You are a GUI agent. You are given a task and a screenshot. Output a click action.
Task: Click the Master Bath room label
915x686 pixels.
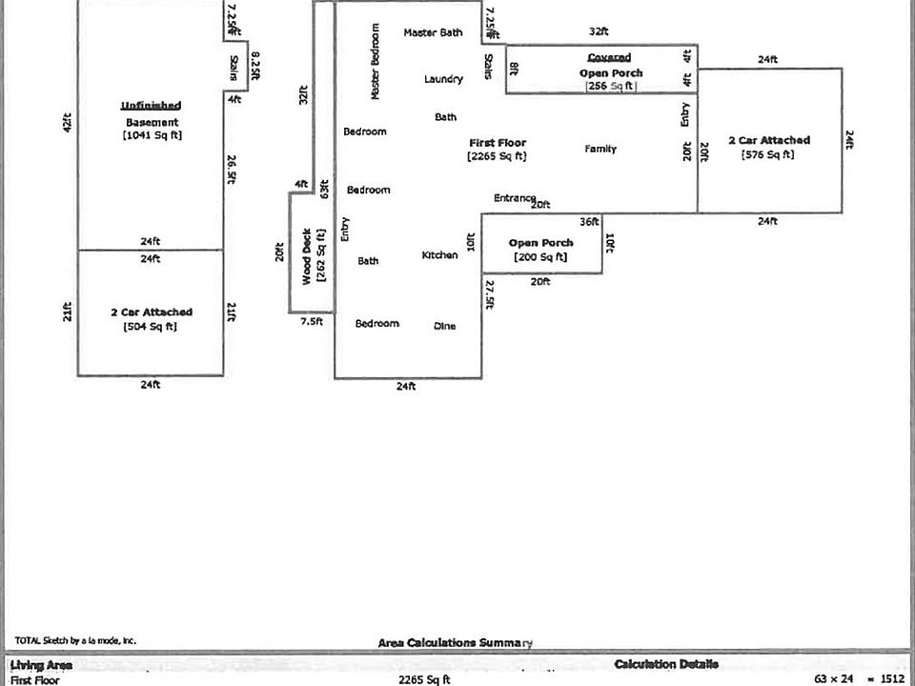point(433,32)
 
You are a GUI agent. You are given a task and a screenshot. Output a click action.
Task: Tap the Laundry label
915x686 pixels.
point(443,79)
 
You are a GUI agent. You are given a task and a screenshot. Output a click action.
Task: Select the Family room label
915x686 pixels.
point(600,149)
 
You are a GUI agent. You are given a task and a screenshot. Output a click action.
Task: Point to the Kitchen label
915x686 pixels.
point(439,255)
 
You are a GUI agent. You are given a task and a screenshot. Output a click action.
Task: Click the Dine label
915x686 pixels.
point(444,326)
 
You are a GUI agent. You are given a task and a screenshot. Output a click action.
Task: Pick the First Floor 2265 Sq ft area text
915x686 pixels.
point(497,155)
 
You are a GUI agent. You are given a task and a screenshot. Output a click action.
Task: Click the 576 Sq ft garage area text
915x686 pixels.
point(768,154)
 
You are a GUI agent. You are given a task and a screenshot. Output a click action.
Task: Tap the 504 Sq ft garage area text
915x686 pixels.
point(151,327)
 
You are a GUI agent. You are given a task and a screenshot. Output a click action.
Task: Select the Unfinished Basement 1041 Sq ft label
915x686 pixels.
point(152,121)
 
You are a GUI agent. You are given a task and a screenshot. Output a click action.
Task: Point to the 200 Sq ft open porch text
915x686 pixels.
point(540,256)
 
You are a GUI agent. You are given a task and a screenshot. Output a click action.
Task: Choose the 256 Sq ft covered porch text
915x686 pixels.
point(610,86)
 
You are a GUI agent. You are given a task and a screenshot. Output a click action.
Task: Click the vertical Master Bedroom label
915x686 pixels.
point(375,62)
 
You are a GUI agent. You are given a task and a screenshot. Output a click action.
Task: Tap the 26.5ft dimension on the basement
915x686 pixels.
point(232,168)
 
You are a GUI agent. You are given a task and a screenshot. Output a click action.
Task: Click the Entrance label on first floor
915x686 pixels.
point(514,198)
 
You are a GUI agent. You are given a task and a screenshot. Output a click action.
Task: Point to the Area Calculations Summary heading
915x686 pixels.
point(455,643)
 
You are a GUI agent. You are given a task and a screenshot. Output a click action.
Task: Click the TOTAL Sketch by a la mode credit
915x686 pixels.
point(75,641)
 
